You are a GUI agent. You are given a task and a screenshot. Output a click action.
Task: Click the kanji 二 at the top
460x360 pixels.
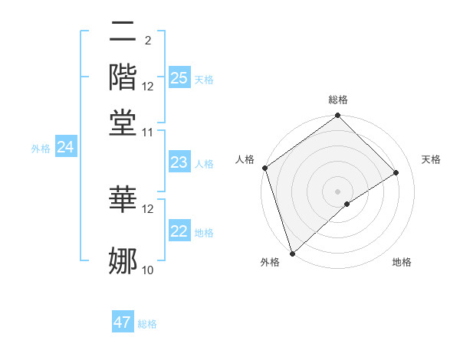[123, 33]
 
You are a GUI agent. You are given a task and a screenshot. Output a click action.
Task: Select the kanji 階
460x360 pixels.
[123, 77]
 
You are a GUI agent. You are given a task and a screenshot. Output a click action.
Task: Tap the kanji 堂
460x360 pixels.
[123, 121]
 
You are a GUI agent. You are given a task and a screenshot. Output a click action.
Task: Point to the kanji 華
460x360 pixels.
[123, 198]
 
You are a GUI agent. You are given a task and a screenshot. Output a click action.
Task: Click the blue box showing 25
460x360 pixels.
[179, 78]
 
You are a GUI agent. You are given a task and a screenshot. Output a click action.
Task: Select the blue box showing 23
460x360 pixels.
[179, 162]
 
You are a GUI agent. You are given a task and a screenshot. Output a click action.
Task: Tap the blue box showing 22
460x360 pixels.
[179, 232]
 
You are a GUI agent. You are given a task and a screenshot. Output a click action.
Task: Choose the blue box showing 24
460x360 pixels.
[65, 147]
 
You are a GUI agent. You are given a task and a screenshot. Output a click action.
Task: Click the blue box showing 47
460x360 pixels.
[123, 322]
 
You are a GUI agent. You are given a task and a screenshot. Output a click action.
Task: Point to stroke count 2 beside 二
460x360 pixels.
[147, 40]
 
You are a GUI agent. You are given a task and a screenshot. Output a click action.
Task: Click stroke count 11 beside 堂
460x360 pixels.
[148, 132]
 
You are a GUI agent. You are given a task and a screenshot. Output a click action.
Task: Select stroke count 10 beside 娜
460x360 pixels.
[148, 270]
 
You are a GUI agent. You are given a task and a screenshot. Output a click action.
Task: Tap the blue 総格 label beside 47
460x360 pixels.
[147, 324]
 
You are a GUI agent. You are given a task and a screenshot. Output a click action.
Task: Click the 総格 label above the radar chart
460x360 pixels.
[338, 100]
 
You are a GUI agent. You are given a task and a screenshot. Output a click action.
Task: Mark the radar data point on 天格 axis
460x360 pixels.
[396, 172]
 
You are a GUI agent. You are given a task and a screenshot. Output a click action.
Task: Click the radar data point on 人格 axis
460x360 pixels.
[264, 168]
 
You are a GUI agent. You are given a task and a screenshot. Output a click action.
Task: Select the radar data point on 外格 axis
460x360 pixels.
[292, 253]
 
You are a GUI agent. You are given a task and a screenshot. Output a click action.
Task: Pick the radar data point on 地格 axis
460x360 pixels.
[347, 204]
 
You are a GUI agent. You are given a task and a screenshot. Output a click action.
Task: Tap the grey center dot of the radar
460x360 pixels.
[337, 191]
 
